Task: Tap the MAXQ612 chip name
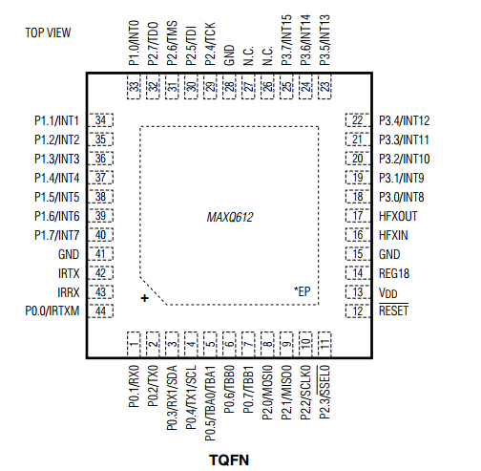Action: (x=230, y=218)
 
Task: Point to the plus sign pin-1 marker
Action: (x=145, y=299)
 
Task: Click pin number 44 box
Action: (x=100, y=311)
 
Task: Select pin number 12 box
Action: (x=358, y=311)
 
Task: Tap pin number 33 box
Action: (x=134, y=88)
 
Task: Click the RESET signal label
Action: (x=393, y=311)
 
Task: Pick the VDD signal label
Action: (x=388, y=292)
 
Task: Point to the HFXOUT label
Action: (x=398, y=216)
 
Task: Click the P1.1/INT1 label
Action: (x=56, y=120)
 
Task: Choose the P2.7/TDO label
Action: (x=153, y=42)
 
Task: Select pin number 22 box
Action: (x=358, y=120)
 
